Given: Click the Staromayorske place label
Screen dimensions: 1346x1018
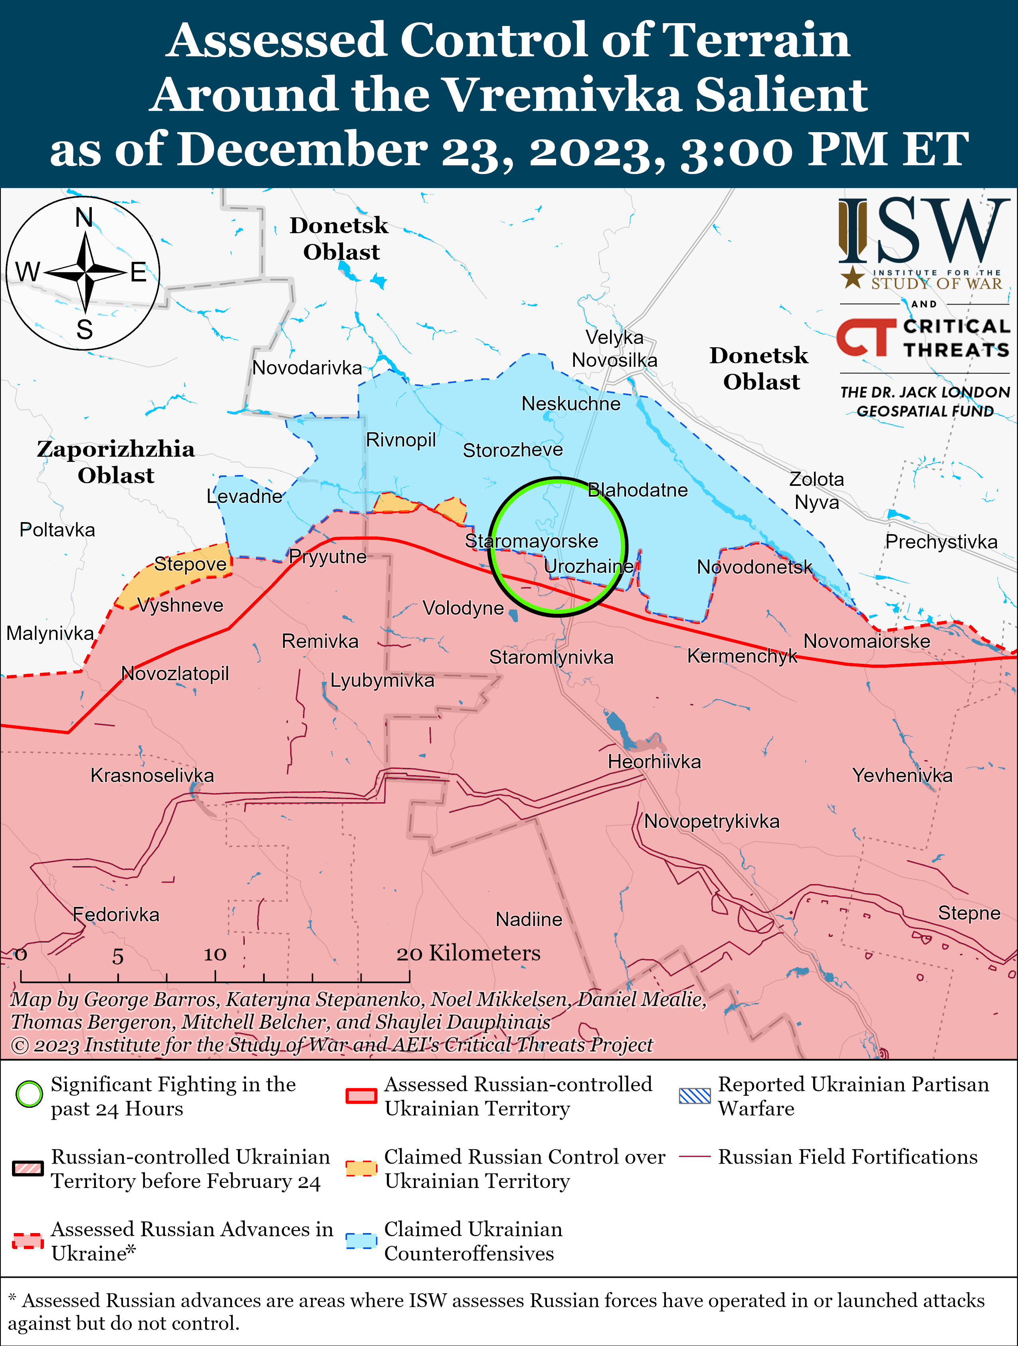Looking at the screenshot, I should click(531, 541).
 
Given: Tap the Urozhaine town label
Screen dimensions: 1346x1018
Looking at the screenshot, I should click(588, 566).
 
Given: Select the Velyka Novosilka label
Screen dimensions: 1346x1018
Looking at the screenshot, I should click(614, 348).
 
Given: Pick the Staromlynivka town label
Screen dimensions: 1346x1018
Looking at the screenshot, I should click(551, 657).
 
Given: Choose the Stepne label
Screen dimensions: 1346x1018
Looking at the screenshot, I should click(969, 913).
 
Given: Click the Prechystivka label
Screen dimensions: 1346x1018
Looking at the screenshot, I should click(941, 542).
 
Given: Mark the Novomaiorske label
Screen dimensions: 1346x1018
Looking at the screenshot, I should click(866, 641).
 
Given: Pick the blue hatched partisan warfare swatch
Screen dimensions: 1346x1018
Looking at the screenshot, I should click(694, 1096).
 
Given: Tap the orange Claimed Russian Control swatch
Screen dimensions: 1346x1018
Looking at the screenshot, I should click(361, 1168).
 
